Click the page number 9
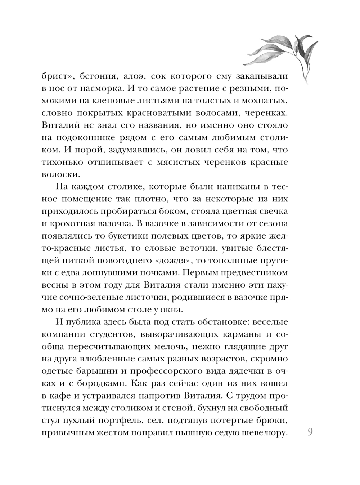click(310, 431)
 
